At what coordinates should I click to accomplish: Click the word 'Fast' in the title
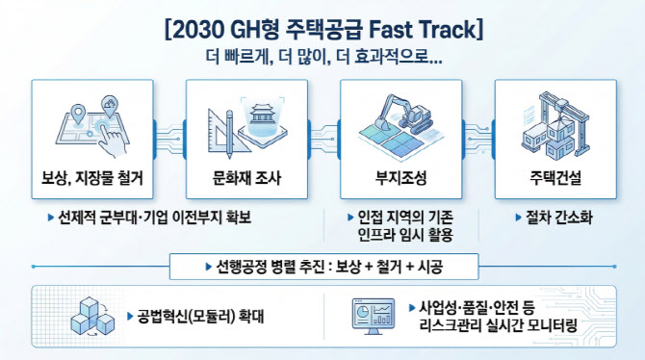[391, 29]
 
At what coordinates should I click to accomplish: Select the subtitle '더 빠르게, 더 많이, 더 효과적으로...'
[323, 57]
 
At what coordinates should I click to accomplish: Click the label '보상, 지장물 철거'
[92, 178]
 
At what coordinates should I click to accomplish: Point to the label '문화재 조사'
[246, 178]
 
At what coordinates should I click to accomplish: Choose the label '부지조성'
[401, 178]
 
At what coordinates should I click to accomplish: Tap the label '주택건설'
[555, 178]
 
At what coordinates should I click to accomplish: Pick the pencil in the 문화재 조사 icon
[229, 134]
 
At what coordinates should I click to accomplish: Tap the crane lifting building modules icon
[555, 124]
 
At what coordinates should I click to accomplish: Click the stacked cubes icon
[92, 317]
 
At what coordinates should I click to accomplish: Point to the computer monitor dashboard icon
[374, 316]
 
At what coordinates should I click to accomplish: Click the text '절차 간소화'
[559, 218]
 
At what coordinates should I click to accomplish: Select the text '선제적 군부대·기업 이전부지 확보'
[154, 218]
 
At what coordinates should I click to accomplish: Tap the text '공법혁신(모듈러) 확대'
[200, 317]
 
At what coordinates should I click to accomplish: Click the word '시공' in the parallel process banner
[430, 267]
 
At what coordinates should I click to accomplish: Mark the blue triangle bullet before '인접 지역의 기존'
[350, 218]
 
